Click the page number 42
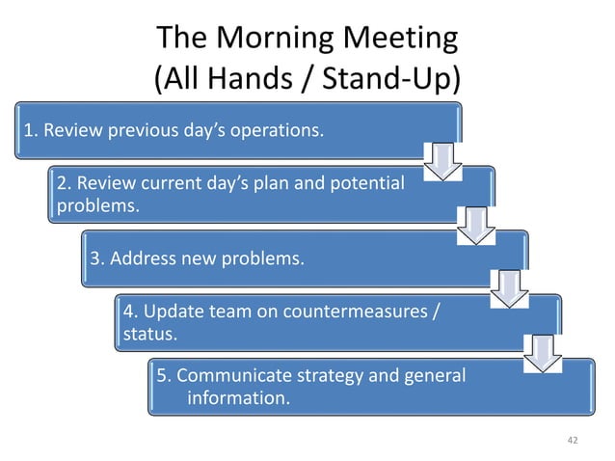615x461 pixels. (x=573, y=440)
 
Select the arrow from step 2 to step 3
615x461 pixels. (x=474, y=225)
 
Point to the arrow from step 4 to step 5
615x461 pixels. (x=541, y=353)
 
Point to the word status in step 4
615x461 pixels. (x=149, y=335)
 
